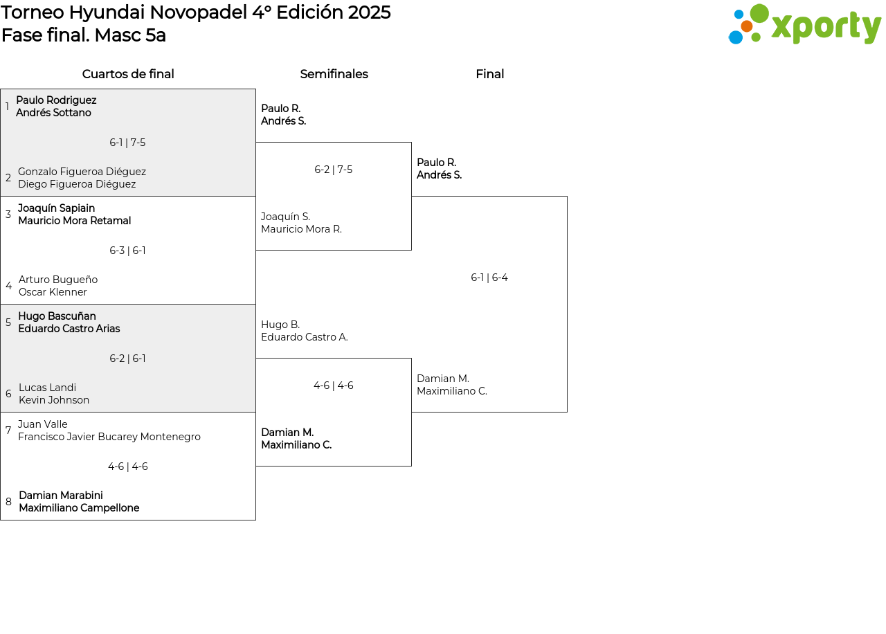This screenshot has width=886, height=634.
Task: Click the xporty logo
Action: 804,24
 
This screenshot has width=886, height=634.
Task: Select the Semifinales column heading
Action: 334,74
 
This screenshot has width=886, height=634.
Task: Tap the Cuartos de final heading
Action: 128,74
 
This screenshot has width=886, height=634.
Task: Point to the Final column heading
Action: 489,74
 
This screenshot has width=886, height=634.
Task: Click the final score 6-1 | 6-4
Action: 489,278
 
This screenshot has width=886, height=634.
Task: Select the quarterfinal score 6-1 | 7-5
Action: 127,143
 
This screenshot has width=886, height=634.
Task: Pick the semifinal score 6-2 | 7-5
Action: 333,170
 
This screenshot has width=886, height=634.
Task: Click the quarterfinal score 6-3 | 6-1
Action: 127,251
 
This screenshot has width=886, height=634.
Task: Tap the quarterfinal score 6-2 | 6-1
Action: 127,359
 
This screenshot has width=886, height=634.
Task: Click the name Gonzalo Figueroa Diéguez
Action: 82,172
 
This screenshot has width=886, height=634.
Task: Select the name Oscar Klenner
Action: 53,292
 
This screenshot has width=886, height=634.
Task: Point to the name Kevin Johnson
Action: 54,400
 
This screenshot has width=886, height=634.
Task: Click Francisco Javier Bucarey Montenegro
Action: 109,437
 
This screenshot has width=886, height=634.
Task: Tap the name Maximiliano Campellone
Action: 79,508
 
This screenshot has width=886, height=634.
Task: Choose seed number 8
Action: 8,502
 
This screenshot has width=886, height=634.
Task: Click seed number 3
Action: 8,215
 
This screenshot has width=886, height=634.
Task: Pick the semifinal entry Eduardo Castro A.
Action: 304,337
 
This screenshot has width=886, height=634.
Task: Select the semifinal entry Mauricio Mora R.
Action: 301,229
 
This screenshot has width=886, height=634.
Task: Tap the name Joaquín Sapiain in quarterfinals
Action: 57,208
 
